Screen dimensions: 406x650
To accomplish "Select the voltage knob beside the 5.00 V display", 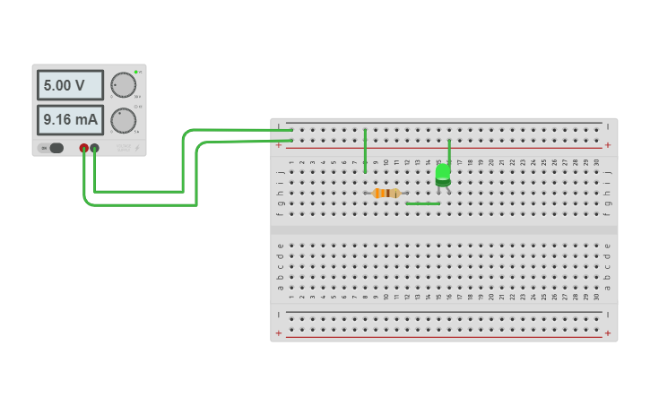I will pos(123,85).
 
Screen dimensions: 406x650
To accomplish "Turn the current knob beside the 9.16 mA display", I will pos(123,119).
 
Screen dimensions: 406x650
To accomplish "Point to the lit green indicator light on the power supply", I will pos(135,72).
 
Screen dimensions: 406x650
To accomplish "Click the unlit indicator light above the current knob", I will pos(135,106).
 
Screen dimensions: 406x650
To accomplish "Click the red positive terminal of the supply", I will pos(84,148).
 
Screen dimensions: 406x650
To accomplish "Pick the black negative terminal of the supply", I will pos(95,148).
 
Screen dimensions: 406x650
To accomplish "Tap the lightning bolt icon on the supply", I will pos(137,149).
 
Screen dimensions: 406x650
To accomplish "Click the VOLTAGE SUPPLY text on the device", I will pos(123,147).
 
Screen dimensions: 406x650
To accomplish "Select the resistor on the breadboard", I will pos(386,193).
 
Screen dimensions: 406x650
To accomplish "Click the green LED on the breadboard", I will pos(443,174).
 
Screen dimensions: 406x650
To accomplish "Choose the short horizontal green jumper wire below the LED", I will pos(422,203).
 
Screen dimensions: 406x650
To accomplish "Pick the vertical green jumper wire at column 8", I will pos(365,150).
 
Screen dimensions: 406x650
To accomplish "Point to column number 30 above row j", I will pos(596,162).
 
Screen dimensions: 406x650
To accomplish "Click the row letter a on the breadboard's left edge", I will pos(281,288).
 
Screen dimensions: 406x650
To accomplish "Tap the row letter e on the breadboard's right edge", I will pos(607,246).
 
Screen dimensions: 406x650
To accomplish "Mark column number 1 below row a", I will pos(291,297).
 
